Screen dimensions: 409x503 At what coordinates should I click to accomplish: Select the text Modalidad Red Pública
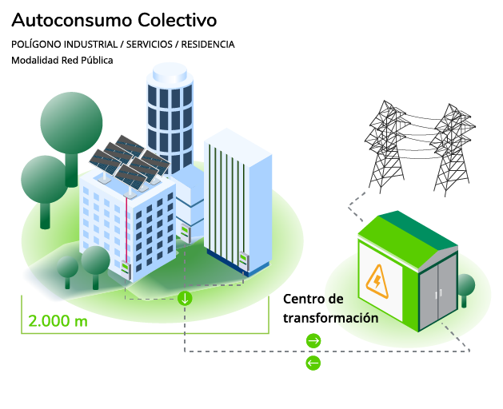tap(62, 60)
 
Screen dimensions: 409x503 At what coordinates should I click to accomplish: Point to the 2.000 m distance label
tap(58, 321)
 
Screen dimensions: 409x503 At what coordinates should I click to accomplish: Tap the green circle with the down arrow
tap(185, 300)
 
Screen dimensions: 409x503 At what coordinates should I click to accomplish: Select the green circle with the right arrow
tap(313, 341)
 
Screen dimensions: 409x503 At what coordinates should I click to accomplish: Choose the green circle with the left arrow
tap(313, 363)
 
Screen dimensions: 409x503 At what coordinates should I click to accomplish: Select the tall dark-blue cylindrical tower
tap(169, 112)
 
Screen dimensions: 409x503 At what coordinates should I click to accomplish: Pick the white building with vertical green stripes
tap(236, 200)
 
